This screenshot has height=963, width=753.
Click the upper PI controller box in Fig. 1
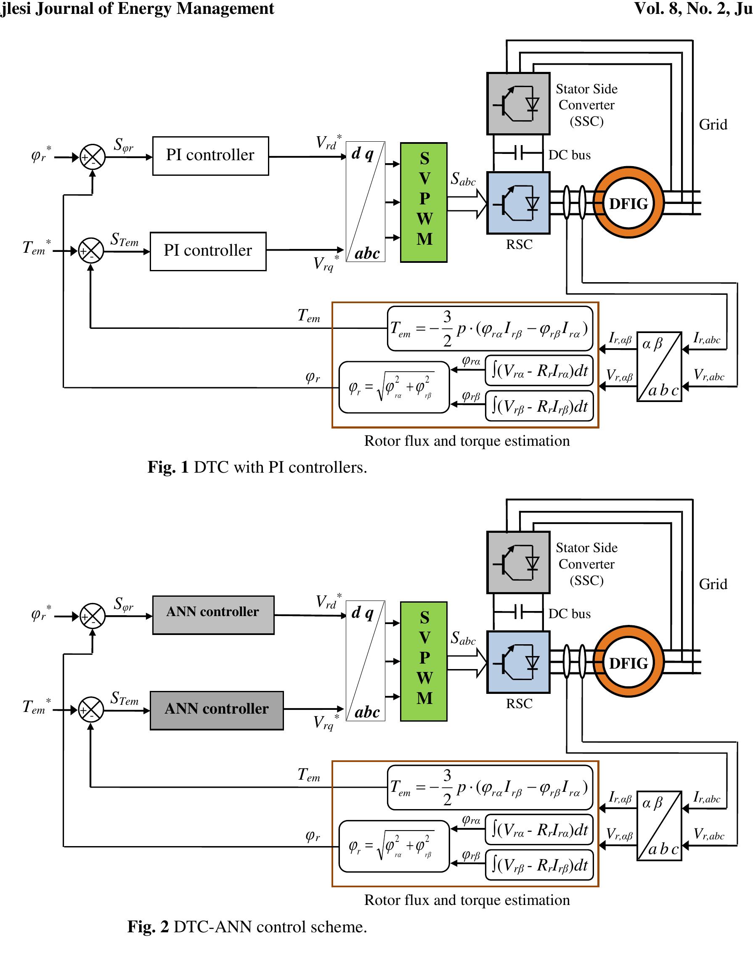click(210, 156)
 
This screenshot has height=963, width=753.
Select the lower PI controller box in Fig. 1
click(208, 251)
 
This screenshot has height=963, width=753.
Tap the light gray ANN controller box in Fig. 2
click(213, 615)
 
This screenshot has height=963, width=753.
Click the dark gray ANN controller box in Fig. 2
click(217, 710)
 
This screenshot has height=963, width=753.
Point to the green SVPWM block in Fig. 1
click(424, 202)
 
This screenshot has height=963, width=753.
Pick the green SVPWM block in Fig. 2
click(424, 661)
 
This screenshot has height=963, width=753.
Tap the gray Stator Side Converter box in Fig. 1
click(518, 103)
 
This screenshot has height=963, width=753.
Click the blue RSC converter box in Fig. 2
click(518, 662)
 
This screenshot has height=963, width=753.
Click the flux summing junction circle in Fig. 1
click(93, 157)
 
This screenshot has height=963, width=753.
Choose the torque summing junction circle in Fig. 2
click(91, 710)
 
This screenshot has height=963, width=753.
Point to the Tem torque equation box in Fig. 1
click(490, 328)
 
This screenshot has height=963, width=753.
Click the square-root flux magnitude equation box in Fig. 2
click(393, 846)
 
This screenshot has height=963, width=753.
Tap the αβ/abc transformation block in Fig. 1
click(659, 366)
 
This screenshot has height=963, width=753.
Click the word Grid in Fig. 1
click(713, 125)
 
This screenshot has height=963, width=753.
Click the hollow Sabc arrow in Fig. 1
click(467, 203)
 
